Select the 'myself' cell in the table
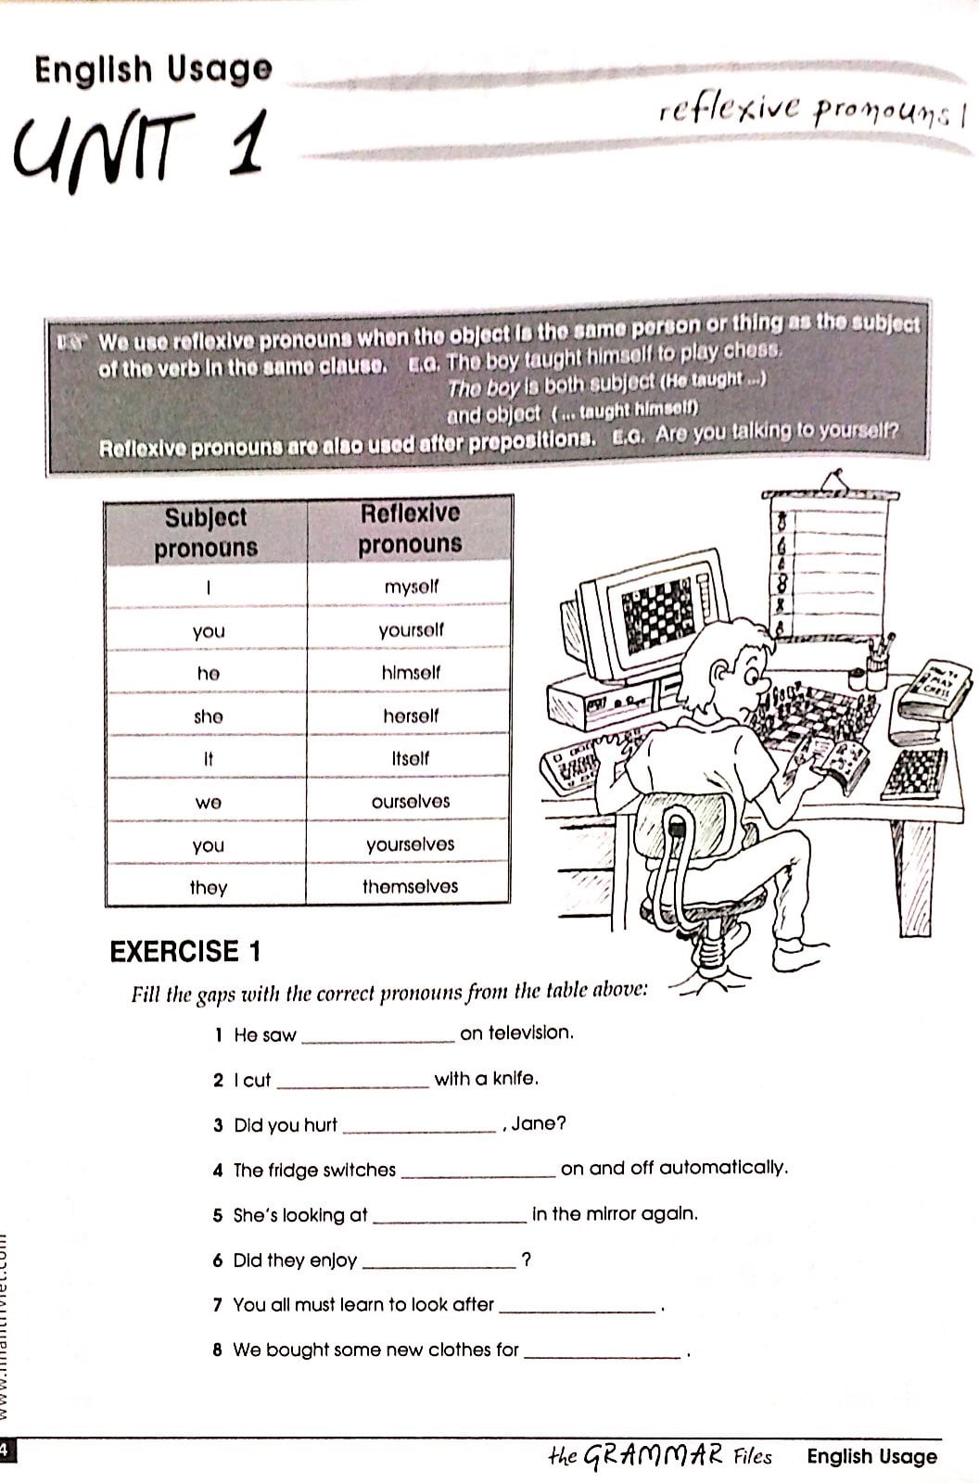click(x=411, y=587)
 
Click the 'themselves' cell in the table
click(x=410, y=886)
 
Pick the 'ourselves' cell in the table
click(x=410, y=802)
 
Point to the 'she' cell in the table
click(x=208, y=716)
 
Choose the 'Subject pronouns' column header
click(x=206, y=532)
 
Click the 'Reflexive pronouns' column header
click(x=410, y=528)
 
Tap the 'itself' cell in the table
click(x=410, y=758)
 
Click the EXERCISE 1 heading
click(x=185, y=952)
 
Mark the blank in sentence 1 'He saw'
click(x=378, y=1036)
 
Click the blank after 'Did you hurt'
click(x=419, y=1127)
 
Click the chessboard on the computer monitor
click(x=657, y=612)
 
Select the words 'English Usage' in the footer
click(x=871, y=1456)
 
